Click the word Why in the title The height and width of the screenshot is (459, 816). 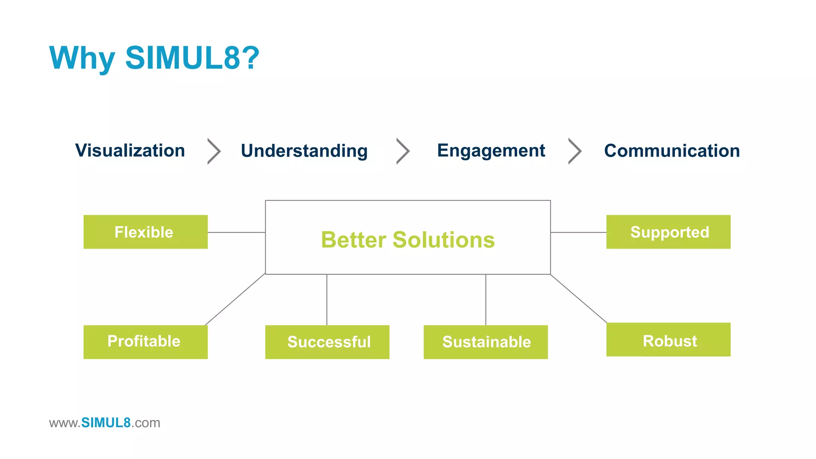coord(82,58)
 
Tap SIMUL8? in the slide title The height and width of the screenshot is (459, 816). coord(192,58)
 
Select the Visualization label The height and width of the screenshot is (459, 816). coord(130,151)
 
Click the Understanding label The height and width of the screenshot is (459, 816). coord(304,151)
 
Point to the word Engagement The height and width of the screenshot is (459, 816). coord(491,151)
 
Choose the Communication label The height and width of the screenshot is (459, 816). coord(672,151)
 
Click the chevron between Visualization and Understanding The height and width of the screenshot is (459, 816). coord(214,151)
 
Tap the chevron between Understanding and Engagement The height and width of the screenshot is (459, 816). coord(403,151)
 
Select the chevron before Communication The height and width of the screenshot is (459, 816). coord(575,151)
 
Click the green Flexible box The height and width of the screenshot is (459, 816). coord(145,232)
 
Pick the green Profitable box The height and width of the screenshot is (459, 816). coord(145,342)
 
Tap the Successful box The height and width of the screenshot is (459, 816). coord(327,342)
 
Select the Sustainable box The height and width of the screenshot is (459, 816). coord(485,342)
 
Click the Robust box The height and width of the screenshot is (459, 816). coord(668,339)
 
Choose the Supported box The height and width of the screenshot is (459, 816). coord(668,232)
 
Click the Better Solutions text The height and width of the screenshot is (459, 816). coord(408,240)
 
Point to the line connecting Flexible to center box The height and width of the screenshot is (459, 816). coord(236,232)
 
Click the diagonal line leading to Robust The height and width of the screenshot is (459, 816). coord(579,298)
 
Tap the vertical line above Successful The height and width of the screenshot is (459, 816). coord(327,300)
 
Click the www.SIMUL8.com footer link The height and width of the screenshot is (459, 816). coord(104,423)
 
